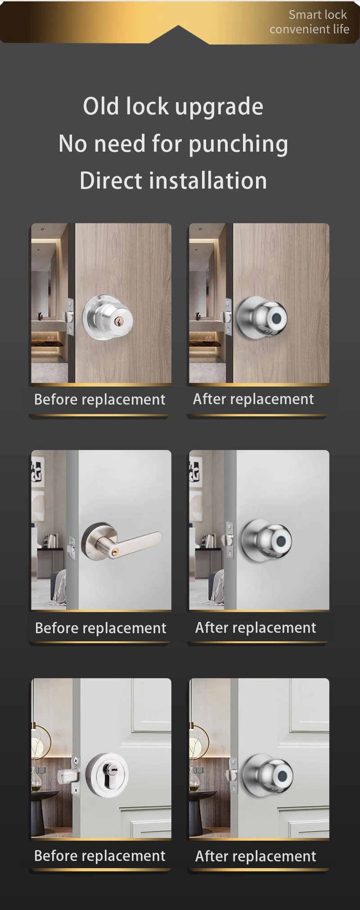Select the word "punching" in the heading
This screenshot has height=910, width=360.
[x=238, y=144]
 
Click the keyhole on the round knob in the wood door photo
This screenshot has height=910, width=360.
[x=120, y=321]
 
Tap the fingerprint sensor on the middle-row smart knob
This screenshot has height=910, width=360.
[x=284, y=541]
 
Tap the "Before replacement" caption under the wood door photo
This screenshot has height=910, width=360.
[x=100, y=400]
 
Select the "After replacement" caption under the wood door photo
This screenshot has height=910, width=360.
[x=253, y=399]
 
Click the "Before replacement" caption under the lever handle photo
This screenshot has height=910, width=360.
[x=101, y=628]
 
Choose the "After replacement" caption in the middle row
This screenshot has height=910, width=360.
[x=256, y=627]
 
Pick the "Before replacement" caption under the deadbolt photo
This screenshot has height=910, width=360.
[x=100, y=856]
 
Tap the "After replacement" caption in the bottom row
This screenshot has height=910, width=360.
[x=256, y=856]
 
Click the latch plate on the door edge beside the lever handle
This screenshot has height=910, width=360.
[x=71, y=547]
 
